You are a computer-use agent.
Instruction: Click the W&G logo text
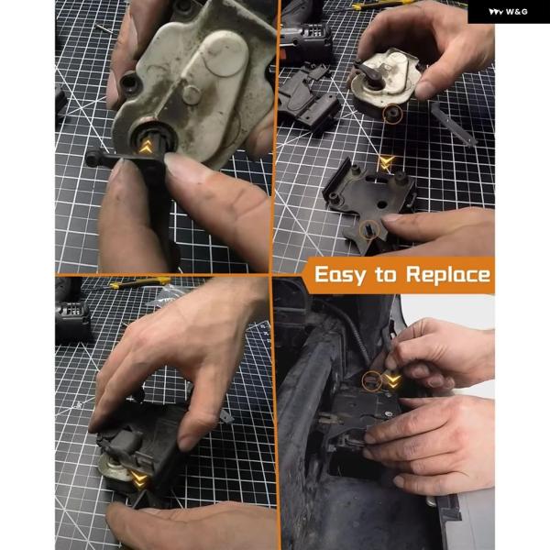click(508, 12)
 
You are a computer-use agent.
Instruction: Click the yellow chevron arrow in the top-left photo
click(146, 147)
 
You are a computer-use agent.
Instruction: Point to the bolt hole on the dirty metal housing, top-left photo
click(129, 83)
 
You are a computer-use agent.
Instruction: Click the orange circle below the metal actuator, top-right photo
click(392, 114)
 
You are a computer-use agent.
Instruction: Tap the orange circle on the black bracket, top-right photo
click(369, 230)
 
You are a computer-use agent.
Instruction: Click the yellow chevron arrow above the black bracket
click(386, 163)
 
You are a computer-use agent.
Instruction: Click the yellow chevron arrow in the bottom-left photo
click(138, 479)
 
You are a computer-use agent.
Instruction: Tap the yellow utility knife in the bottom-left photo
click(139, 282)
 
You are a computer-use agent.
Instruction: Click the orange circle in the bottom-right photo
click(372, 381)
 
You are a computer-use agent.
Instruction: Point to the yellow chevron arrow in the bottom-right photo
click(392, 381)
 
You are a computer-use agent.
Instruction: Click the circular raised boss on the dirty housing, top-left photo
click(192, 93)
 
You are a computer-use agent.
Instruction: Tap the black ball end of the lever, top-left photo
click(92, 159)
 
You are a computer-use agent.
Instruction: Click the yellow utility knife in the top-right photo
click(382, 5)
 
